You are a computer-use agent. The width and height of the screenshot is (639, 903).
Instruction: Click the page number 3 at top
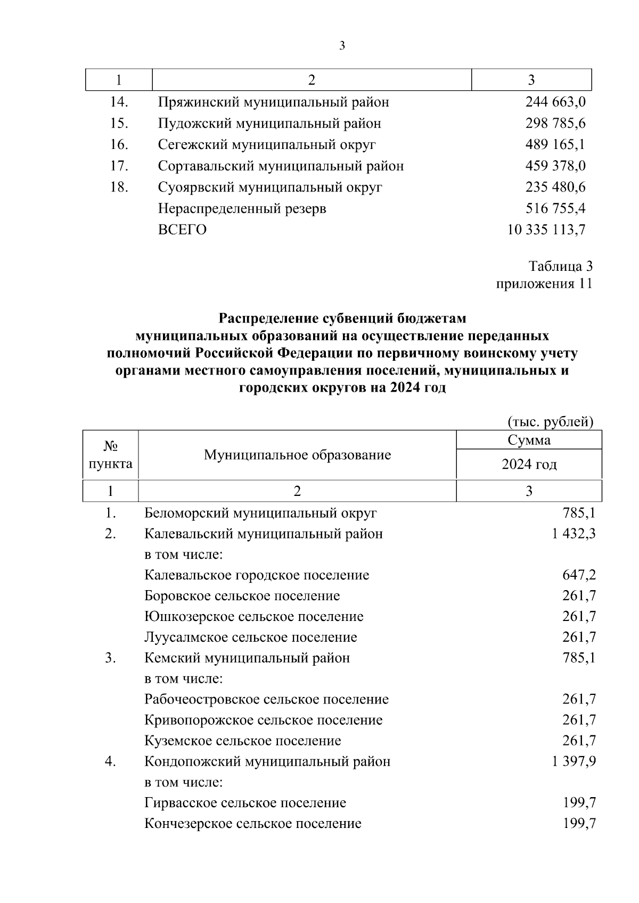(x=342, y=46)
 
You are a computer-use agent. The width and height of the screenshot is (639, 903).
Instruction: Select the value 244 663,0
(x=555, y=102)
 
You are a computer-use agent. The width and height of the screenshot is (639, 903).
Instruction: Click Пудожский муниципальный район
(x=269, y=123)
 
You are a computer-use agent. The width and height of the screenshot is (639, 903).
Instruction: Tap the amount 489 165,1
(x=555, y=145)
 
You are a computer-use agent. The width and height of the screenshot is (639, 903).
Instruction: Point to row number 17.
(x=119, y=166)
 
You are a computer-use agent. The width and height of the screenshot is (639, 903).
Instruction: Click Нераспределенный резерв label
(x=242, y=209)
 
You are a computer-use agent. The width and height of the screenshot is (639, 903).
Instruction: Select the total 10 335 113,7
(x=546, y=230)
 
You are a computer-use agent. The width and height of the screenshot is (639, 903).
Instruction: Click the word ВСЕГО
(x=182, y=230)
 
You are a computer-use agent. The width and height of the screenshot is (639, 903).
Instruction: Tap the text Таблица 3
(x=560, y=266)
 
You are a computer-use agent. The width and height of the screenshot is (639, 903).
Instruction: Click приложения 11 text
(x=544, y=284)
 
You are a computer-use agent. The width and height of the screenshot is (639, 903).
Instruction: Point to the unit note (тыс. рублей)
(x=550, y=422)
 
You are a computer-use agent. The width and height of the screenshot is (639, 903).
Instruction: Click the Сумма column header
(x=529, y=440)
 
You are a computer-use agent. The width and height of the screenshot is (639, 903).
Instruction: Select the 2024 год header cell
(x=529, y=465)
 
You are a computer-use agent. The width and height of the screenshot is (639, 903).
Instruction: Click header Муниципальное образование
(x=297, y=455)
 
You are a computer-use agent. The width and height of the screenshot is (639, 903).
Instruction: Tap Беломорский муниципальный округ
(x=260, y=513)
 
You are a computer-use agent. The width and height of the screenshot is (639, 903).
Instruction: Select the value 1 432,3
(x=574, y=534)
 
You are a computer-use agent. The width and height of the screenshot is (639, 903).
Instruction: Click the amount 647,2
(x=579, y=575)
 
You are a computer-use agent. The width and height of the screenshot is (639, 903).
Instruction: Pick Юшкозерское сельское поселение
(x=254, y=617)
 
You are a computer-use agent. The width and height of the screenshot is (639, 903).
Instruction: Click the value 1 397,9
(x=574, y=762)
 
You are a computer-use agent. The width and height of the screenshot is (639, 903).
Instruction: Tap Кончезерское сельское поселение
(x=253, y=824)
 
